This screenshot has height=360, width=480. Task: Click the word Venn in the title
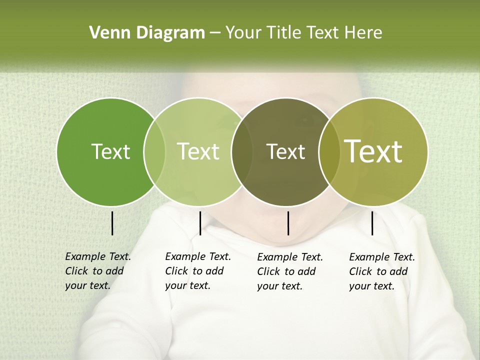pos(106,33)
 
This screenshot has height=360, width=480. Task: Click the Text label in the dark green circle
pos(110,151)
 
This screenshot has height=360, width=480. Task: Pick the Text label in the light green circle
pos(198,151)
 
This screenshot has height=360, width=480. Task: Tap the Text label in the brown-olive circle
pos(285,151)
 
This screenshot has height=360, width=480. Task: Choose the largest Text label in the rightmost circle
pos(373,151)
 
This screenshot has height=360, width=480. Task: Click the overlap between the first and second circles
pos(154,151)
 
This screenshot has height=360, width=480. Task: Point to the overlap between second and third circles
pos(242,151)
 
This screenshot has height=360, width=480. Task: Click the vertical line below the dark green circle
pos(112,223)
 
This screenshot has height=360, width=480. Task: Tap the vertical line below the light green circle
pos(200,223)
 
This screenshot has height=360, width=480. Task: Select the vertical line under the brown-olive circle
pos(288,223)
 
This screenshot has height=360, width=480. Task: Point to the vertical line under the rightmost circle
pos(372,223)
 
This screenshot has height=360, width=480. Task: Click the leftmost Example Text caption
pos(97,271)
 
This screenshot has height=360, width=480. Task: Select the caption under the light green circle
pos(197,271)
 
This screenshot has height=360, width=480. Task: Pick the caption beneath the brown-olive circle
pos(289,271)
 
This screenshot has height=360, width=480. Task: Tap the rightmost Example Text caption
pos(381,271)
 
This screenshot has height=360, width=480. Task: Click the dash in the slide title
pos(215,33)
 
